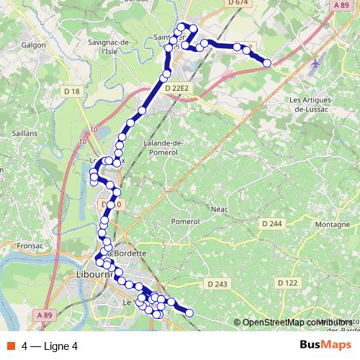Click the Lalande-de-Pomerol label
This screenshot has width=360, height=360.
pyautogui.click(x=165, y=148)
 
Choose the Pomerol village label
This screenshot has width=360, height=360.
pyautogui.click(x=185, y=221)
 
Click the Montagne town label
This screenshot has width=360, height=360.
pyautogui.click(x=333, y=225)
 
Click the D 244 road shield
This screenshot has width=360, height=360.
pyautogui.click(x=272, y=224)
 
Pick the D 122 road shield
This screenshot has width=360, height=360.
pyautogui.click(x=287, y=283)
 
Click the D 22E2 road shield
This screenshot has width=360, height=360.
pyautogui.click(x=176, y=88)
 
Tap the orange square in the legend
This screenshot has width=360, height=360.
pyautogui.click(x=9, y=346)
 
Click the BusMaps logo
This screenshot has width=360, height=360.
pyautogui.click(x=325, y=345)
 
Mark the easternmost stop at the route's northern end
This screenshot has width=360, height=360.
pyautogui.click(x=267, y=63)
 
